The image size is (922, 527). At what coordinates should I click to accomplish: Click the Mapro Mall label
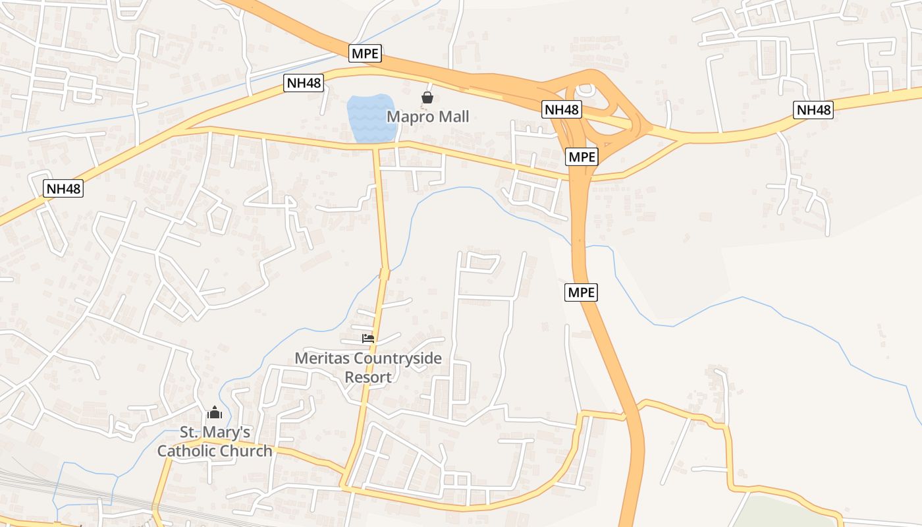click(427, 117)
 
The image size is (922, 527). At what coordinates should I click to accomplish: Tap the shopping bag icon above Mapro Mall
click(427, 98)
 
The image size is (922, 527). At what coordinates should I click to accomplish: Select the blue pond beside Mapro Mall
click(371, 117)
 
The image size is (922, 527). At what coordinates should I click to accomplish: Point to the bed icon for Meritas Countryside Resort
click(368, 339)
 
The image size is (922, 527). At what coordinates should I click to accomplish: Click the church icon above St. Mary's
click(214, 413)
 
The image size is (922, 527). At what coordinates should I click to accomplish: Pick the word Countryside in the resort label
click(398, 359)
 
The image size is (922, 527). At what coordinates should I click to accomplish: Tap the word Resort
click(368, 377)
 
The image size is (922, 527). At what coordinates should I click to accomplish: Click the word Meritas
click(322, 359)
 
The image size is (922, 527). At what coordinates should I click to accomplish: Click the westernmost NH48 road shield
click(64, 188)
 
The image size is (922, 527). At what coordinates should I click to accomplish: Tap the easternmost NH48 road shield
click(813, 110)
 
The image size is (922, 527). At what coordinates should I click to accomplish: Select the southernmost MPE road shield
click(581, 292)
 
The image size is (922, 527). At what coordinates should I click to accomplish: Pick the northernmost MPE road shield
click(365, 53)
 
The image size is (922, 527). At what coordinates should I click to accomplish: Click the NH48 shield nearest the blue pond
click(304, 83)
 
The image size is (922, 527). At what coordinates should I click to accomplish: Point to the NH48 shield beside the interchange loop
click(562, 109)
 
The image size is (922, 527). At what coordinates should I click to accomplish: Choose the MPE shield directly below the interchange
click(582, 157)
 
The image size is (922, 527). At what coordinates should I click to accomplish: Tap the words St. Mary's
click(215, 433)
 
